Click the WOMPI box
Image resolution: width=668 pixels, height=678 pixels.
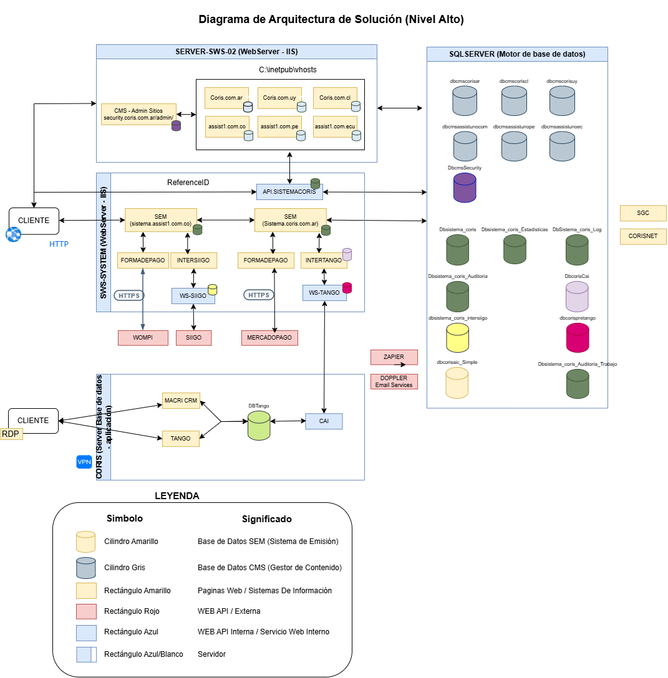[143, 338]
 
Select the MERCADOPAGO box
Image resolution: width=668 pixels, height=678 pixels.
[269, 338]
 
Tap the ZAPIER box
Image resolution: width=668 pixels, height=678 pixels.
[394, 357]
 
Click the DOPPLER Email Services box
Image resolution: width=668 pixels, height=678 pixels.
[394, 381]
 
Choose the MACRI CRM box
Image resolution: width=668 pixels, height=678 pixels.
[181, 400]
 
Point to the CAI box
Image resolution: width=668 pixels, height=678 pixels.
[324, 421]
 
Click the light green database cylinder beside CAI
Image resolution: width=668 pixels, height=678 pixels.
[259, 425]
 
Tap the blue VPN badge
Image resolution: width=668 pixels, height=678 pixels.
[84, 462]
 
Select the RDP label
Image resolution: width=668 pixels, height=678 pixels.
[11, 434]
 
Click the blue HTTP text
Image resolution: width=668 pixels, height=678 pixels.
[59, 244]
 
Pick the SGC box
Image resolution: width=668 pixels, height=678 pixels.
[643, 213]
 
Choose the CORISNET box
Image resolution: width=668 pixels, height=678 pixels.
[643, 236]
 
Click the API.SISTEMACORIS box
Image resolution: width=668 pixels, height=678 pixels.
[289, 192]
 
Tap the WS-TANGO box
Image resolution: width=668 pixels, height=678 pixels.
[324, 292]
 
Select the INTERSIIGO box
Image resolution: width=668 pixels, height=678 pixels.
[193, 260]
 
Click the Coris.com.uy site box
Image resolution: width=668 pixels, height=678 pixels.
[279, 98]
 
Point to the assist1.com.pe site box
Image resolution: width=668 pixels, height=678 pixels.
[279, 127]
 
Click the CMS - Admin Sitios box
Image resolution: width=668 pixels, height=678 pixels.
[138, 114]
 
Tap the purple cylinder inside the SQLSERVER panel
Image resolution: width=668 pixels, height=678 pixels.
[465, 188]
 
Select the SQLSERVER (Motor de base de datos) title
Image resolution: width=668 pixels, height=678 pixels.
[517, 54]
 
